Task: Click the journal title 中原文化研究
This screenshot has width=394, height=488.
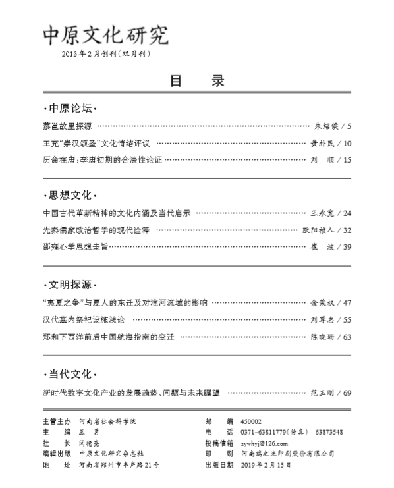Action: tap(105, 34)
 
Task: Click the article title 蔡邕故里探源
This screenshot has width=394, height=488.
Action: tap(66, 125)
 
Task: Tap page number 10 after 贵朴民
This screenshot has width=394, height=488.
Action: tap(347, 143)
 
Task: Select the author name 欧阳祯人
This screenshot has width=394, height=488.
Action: tap(322, 230)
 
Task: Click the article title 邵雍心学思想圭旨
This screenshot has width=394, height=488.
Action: tap(74, 246)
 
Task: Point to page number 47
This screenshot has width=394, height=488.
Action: tap(347, 303)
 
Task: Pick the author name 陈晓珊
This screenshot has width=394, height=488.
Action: tap(322, 337)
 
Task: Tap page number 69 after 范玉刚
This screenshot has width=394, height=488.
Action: tap(347, 393)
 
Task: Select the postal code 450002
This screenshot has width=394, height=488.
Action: tap(252, 421)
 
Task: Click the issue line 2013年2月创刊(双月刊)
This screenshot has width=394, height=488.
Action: tap(105, 54)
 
